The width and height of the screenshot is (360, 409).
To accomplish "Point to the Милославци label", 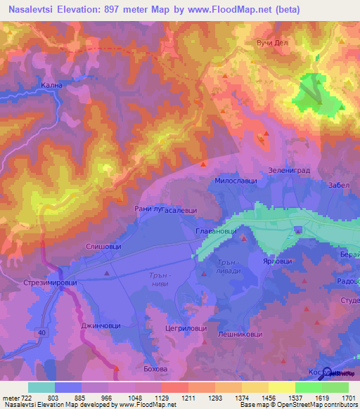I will click(236, 181).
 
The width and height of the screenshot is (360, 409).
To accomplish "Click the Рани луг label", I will click(148, 209).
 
